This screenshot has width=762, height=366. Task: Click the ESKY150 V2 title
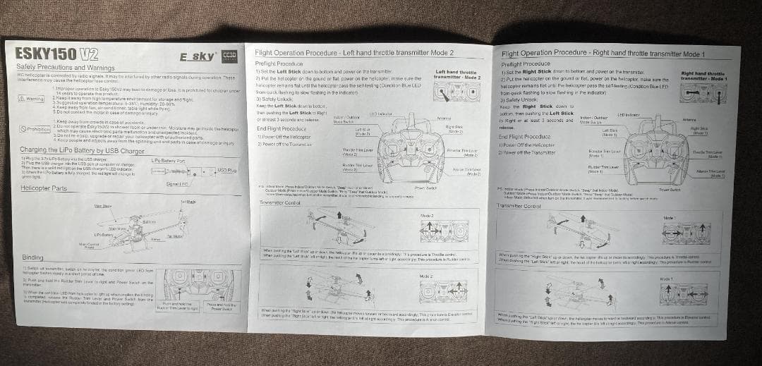[x=56, y=54]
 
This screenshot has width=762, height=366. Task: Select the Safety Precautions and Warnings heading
[x=65, y=67]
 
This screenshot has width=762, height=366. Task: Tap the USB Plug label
[x=227, y=171]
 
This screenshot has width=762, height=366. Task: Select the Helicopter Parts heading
[x=44, y=188]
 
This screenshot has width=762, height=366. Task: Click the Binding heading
[x=33, y=258]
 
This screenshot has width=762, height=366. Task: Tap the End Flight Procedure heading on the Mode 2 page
[x=282, y=129]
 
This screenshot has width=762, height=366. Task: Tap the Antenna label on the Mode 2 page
[x=445, y=117]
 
